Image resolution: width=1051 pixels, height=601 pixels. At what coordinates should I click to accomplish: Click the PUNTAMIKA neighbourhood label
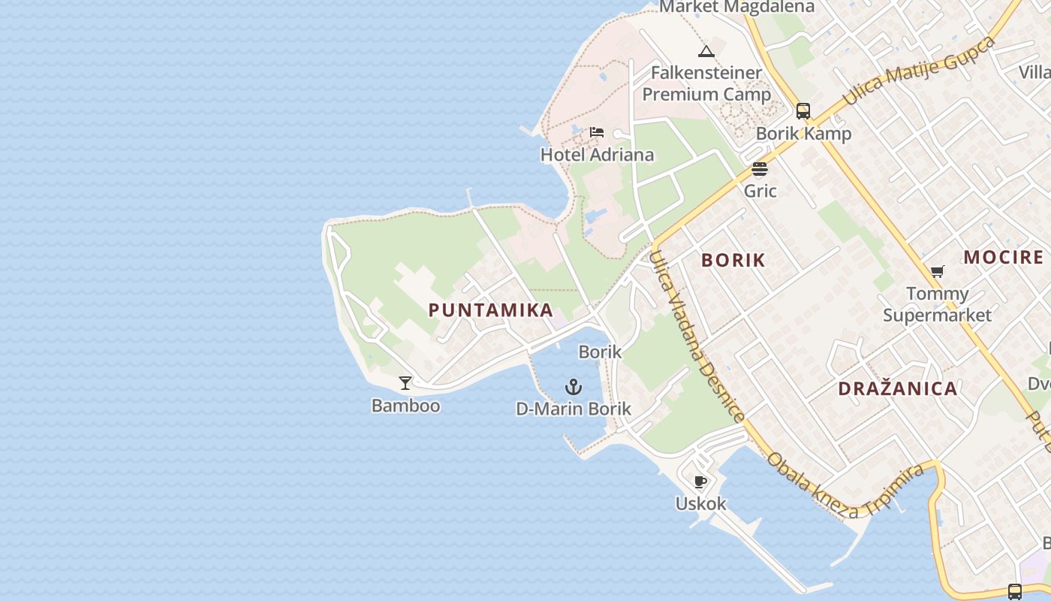491,310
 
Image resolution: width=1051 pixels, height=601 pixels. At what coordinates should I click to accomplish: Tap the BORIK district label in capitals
733,260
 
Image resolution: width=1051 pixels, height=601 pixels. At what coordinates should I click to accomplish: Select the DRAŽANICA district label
897,388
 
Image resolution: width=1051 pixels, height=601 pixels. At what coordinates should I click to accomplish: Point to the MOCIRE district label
1004,257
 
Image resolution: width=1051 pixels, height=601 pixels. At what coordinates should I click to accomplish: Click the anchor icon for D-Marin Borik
574,388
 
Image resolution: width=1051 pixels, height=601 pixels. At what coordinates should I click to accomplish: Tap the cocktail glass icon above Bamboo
405,383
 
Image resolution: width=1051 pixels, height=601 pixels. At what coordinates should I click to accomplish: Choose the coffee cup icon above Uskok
700,482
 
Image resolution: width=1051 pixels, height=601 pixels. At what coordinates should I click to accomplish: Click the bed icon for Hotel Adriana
597,133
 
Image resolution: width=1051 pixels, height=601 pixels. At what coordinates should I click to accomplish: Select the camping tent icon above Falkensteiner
706,51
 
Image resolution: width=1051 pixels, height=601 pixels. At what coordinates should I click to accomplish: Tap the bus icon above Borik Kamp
803,111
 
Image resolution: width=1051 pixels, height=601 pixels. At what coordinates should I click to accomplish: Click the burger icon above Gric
760,168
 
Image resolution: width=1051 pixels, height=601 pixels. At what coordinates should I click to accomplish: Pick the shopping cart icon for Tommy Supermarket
937,271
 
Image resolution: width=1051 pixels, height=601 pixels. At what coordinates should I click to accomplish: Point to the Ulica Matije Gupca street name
919,71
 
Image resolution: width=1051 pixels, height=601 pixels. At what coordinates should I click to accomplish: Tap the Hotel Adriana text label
597,155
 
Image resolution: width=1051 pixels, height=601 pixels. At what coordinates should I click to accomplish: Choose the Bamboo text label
405,406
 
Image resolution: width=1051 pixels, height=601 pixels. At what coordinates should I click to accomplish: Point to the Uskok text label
700,503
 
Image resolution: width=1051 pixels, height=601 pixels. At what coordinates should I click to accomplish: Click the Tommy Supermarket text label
937,304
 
